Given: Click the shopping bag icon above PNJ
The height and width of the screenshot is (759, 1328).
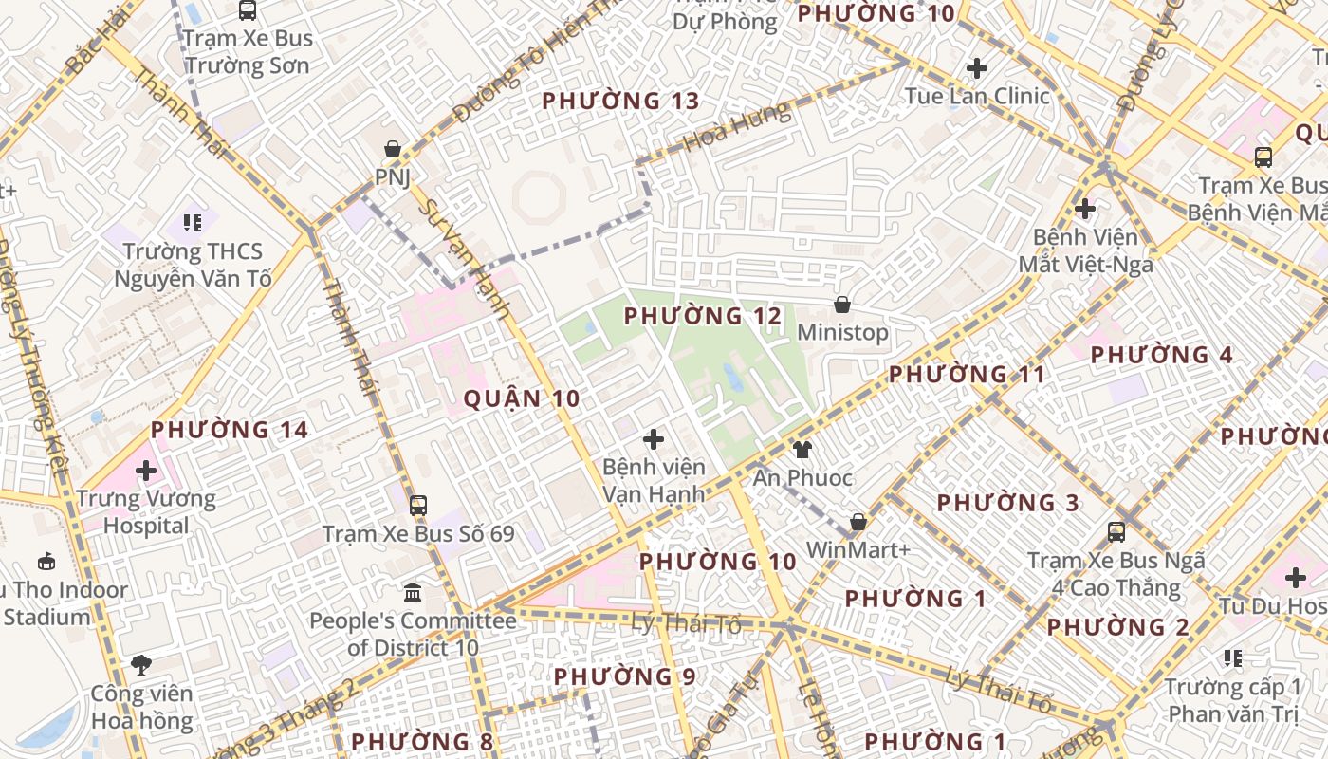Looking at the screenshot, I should (x=392, y=149).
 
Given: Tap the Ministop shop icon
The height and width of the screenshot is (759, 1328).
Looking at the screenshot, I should (x=841, y=305).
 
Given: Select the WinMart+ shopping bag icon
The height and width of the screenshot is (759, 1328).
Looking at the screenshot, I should (x=858, y=522).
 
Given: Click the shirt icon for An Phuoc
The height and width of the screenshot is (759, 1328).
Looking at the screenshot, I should (x=802, y=449).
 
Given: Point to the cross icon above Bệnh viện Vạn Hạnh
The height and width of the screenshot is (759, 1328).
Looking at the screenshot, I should (x=653, y=439).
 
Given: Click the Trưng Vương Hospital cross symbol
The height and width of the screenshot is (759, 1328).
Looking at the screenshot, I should (x=146, y=470).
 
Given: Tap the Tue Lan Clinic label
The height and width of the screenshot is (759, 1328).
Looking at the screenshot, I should (x=977, y=96).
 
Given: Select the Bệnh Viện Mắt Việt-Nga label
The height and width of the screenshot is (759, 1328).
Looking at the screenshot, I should (x=1085, y=250).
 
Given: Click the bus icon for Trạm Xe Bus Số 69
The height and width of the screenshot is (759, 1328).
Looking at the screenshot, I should (x=418, y=505).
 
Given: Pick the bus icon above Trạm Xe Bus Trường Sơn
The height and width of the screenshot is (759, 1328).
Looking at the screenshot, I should (x=247, y=10).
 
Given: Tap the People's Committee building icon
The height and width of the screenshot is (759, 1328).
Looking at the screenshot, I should (x=413, y=593).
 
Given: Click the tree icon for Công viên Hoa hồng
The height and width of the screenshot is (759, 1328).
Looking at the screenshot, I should (x=141, y=664).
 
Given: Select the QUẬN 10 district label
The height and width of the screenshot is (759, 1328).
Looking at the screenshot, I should (x=521, y=398).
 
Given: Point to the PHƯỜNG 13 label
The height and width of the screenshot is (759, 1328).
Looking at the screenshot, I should (x=620, y=101).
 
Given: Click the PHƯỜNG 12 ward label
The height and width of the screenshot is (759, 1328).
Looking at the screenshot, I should (x=703, y=316).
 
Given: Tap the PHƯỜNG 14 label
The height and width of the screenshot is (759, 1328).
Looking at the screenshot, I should (x=230, y=430).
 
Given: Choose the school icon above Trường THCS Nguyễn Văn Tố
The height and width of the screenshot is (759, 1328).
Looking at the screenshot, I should (x=193, y=223).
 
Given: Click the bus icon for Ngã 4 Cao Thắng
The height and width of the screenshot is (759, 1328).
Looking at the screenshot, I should (x=1116, y=532).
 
